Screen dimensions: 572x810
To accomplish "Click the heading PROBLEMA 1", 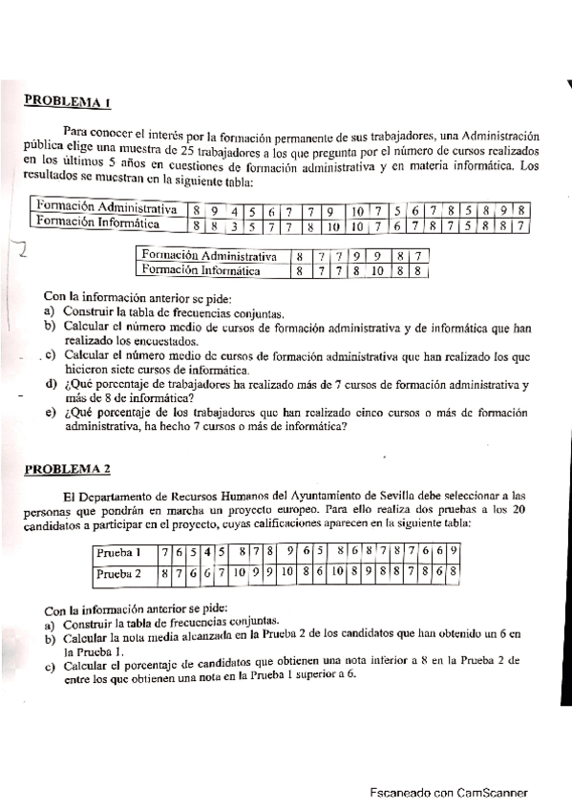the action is point(67,99).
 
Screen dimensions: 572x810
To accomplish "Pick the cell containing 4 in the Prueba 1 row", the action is point(206,552).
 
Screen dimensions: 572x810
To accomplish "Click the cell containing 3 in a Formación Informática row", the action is point(235,226).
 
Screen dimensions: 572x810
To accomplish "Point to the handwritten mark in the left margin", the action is point(16,254).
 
